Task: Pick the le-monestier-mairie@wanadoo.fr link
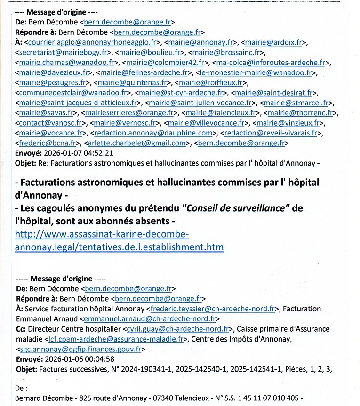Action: (256, 72)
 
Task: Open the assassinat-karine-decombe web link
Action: (119, 241)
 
